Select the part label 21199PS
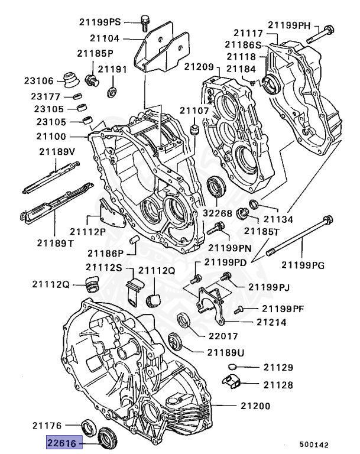(x=100, y=22)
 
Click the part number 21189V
(x=57, y=151)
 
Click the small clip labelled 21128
(x=232, y=381)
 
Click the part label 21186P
(x=105, y=252)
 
